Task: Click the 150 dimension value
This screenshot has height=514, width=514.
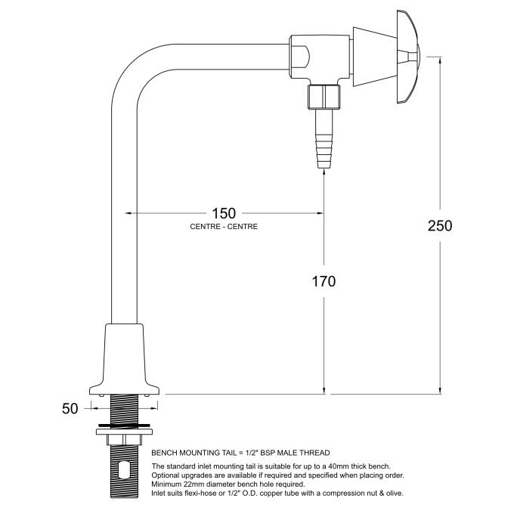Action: [x=223, y=214]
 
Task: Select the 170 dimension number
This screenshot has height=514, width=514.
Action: [x=323, y=280]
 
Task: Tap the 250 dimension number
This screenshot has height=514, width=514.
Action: [x=439, y=226]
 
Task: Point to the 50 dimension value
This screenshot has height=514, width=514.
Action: [x=70, y=409]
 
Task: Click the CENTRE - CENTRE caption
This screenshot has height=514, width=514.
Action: [x=223, y=227]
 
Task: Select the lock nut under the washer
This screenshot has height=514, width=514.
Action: [x=125, y=440]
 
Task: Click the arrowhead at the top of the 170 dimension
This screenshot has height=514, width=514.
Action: [x=325, y=172]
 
